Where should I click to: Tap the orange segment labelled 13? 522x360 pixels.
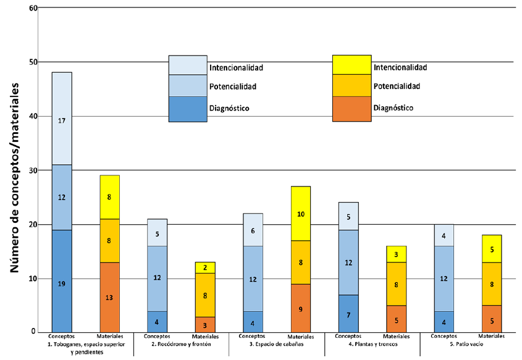tap(109, 298)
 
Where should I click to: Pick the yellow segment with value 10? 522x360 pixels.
tap(301, 214)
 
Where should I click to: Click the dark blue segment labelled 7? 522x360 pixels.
tap(348, 314)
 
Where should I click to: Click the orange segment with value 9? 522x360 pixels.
tap(301, 308)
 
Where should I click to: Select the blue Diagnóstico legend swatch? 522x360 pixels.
tap(188, 109)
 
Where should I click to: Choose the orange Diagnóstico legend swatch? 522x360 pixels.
tap(352, 109)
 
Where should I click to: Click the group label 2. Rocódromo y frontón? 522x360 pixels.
tap(181, 345)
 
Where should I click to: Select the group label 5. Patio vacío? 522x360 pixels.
tap(468, 345)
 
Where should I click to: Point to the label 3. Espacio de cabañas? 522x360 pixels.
tap(277, 345)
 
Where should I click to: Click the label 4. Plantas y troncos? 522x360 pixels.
tap(372, 345)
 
